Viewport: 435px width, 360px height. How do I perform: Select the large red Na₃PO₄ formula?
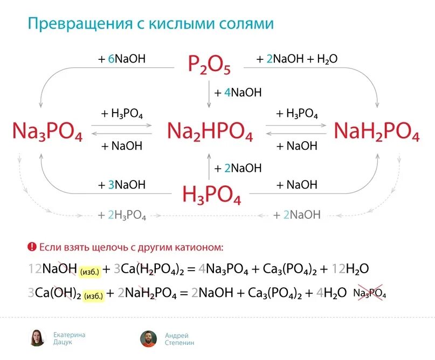pyautogui.click(x=47, y=131)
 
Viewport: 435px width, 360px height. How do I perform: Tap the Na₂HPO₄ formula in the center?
pyautogui.click(x=210, y=131)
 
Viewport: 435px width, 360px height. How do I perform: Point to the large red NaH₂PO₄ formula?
pyautogui.click(x=376, y=131)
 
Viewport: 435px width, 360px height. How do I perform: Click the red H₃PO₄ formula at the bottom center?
pyautogui.click(x=211, y=193)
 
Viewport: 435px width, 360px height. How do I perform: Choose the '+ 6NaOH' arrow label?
pyautogui.click(x=122, y=59)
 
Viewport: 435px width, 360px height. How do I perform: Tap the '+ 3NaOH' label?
pyautogui.click(x=122, y=184)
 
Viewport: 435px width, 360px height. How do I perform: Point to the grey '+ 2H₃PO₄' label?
pyautogui.click(x=122, y=215)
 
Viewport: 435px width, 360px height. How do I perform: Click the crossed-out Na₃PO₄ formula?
pyautogui.click(x=370, y=294)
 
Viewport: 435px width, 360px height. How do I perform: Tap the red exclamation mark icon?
pyautogui.click(x=32, y=247)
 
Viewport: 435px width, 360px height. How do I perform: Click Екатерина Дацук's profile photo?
pyautogui.click(x=37, y=338)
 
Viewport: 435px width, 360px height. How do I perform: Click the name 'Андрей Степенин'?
pyautogui.click(x=179, y=338)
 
